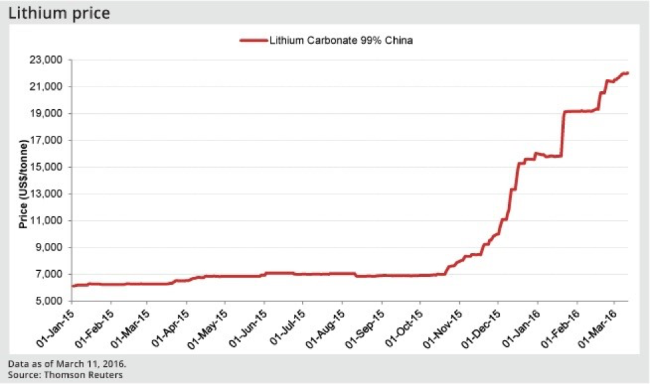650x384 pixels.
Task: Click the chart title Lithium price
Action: (59, 13)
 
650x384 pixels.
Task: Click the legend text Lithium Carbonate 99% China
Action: (341, 40)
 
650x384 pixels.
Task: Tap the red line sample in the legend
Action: (254, 40)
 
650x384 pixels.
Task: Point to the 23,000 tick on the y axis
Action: (45, 60)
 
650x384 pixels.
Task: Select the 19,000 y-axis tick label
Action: (45, 113)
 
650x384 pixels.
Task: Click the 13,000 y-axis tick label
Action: (45, 194)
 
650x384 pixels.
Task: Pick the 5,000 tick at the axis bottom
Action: (48, 301)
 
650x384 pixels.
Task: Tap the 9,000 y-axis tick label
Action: (48, 248)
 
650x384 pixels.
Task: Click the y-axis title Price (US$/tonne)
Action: (23, 184)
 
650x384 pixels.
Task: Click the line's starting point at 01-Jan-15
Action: (73, 286)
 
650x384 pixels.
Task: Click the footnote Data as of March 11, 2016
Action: (67, 364)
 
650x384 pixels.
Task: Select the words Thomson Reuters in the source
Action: (83, 375)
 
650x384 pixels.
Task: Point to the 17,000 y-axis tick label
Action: (45, 140)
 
